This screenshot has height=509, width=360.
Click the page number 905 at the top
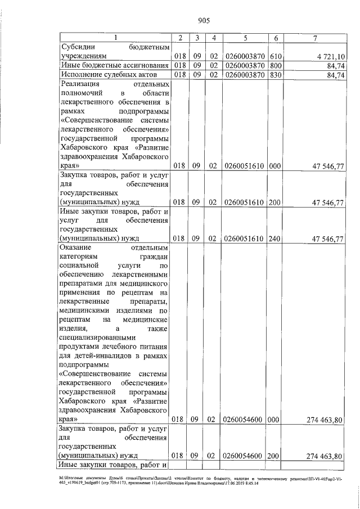(x=204, y=21)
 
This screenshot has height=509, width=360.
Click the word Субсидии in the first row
(x=76, y=47)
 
